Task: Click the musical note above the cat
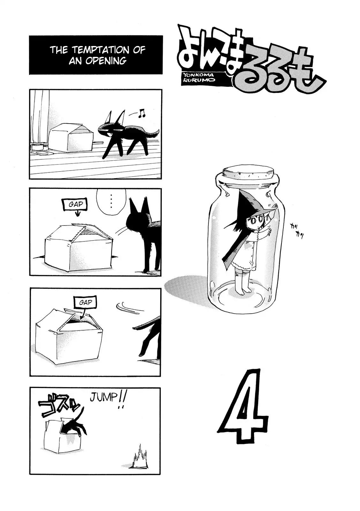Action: click(x=142, y=113)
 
